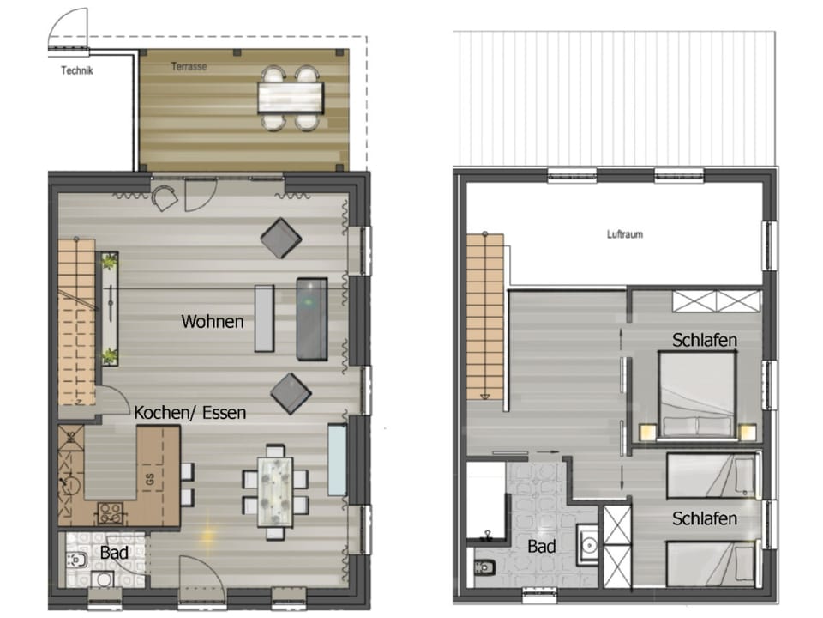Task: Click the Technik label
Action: (76, 71)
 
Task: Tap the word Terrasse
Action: (189, 66)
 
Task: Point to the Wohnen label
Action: (212, 322)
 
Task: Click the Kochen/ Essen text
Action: (189, 413)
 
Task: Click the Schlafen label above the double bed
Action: (705, 340)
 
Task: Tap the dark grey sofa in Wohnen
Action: (311, 318)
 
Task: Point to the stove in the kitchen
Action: (109, 512)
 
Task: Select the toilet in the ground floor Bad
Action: (76, 560)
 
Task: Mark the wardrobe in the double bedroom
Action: (717, 301)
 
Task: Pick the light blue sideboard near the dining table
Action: (337, 460)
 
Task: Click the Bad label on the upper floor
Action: (541, 547)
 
